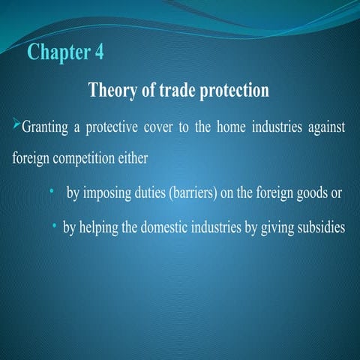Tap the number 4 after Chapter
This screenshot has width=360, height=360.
(x=100, y=53)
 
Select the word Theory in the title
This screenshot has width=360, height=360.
(x=113, y=91)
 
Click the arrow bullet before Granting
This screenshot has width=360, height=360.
(x=16, y=124)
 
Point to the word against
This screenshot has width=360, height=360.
(x=323, y=126)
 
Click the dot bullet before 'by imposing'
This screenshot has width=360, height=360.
(x=50, y=191)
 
